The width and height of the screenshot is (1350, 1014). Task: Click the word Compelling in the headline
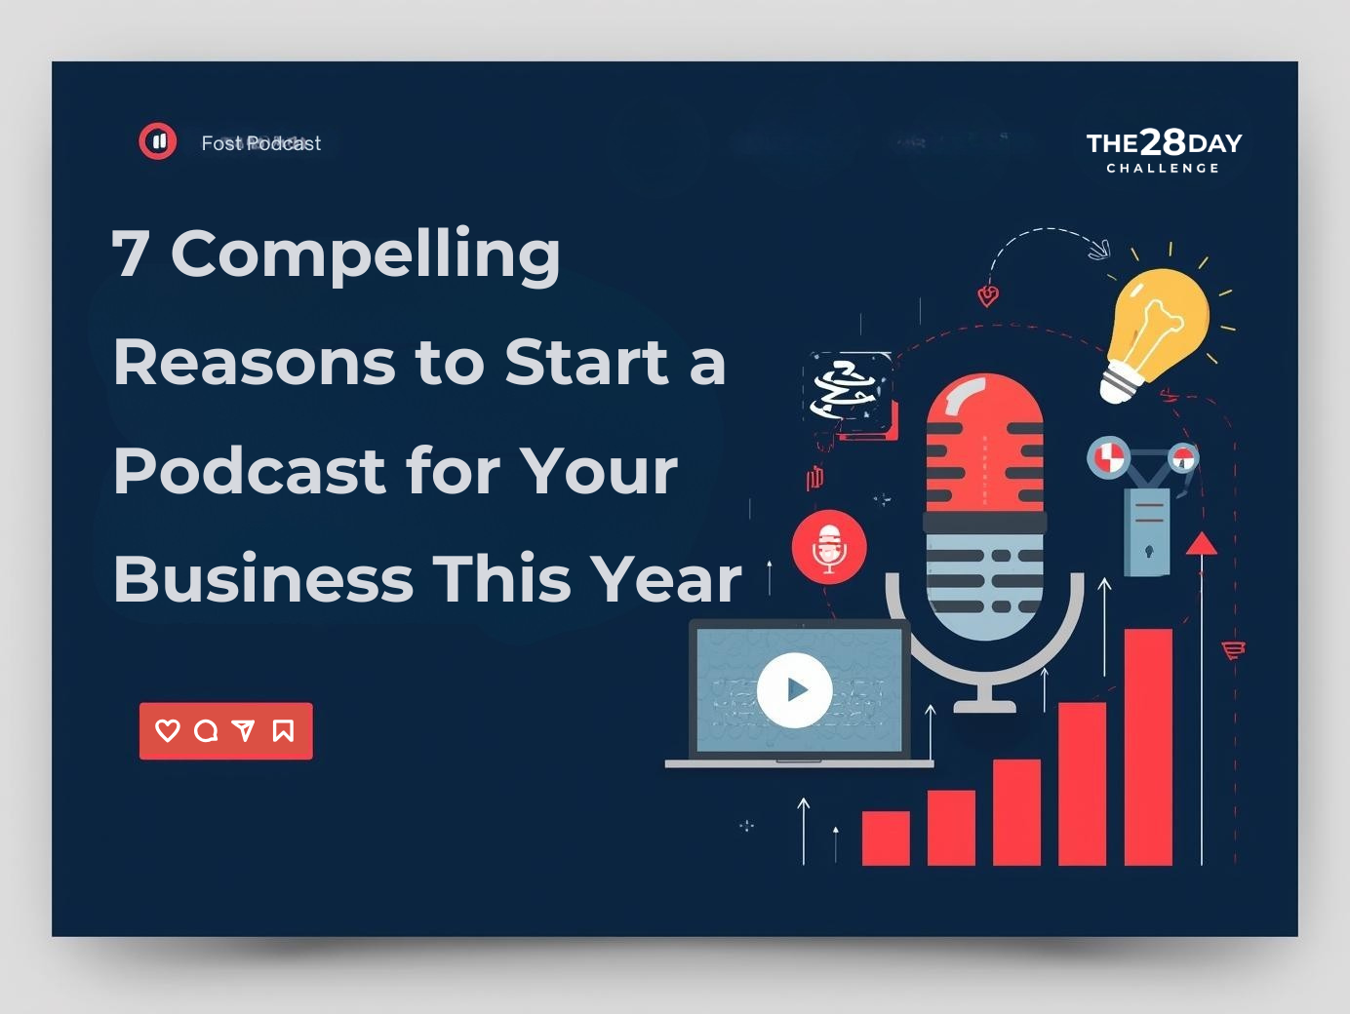click(x=366, y=255)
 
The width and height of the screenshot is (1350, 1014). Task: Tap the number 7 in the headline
click(x=130, y=253)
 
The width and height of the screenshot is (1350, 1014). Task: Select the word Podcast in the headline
click(x=250, y=471)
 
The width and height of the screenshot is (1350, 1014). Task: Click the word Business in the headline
click(x=263, y=579)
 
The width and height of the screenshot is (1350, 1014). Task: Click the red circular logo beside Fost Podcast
click(x=158, y=141)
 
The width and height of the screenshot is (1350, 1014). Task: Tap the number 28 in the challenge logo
click(x=1163, y=143)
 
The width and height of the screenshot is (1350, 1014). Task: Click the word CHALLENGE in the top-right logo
click(x=1163, y=169)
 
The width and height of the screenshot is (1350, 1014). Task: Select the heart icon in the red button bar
click(x=168, y=730)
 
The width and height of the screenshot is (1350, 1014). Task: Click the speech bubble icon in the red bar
click(x=206, y=730)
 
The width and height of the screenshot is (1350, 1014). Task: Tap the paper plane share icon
click(x=244, y=730)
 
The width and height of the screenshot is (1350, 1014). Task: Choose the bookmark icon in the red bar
click(x=283, y=730)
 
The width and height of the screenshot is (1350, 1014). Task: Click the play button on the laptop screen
click(x=795, y=690)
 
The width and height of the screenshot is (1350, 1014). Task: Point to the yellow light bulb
click(x=1158, y=327)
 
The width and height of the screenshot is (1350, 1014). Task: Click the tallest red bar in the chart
click(x=1148, y=746)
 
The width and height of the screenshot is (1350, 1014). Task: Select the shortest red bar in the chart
click(x=886, y=838)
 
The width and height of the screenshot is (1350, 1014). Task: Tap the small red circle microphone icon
click(x=829, y=547)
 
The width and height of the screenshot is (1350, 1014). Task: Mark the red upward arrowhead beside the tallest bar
click(x=1202, y=544)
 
